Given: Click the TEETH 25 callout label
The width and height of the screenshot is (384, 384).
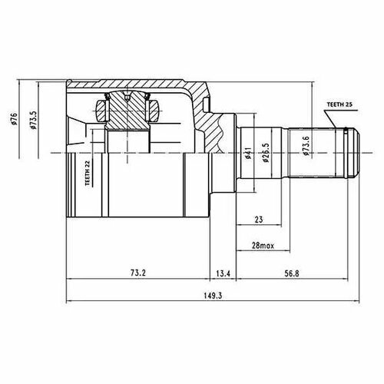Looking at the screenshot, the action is pos(339,104).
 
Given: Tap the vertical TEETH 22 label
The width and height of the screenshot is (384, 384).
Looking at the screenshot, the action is pos(88,173).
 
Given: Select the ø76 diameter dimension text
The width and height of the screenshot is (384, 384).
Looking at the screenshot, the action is pos(14,118).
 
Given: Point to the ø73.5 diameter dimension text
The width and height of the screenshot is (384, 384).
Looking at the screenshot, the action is pos(33,120).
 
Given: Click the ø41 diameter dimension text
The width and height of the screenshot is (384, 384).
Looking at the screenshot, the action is pos(247,153).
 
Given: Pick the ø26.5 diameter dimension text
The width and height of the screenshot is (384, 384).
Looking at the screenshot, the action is pos(266,153).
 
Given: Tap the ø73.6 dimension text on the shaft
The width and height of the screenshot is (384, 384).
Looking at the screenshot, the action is pos(306,146).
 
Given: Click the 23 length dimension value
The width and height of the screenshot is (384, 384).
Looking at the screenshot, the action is pos(259,220).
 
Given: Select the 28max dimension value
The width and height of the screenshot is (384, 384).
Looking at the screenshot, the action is pos(263,246).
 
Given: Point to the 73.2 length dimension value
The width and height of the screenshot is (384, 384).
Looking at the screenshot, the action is pos(138,273).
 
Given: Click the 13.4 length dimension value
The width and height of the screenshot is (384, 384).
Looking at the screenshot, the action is pos(223,273).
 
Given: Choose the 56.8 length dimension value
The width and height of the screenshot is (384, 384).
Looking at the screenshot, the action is pos(292,273).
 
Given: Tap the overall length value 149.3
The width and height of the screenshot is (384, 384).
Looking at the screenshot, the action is pos(213,296).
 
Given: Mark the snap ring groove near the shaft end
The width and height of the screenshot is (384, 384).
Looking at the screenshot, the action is pos(346,153).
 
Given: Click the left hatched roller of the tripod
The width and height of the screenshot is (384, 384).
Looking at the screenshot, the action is pos(101,111).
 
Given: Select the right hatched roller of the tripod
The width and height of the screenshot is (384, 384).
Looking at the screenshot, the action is pos(154,111).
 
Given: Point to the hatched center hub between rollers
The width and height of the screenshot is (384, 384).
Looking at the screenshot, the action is pos(127,111).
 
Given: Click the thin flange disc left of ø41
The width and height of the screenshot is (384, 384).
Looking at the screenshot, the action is pos(236,153).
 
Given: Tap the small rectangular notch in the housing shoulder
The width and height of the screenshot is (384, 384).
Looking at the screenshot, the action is pos(207,105).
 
